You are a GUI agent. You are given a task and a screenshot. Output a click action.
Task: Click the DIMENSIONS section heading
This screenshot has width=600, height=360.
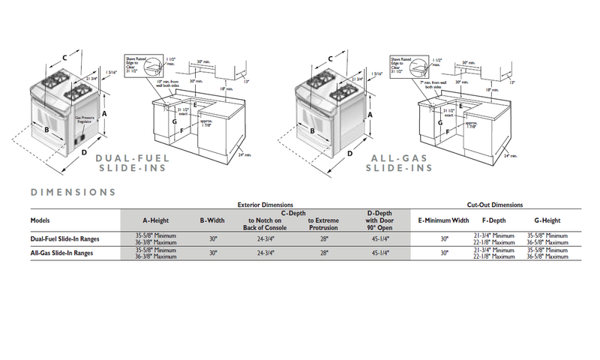73,192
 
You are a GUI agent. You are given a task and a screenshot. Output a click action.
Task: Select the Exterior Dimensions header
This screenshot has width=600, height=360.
265,205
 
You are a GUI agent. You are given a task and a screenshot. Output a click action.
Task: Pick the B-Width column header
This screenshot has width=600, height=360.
212,220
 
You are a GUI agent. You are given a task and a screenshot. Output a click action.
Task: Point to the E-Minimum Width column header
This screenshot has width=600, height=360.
443,220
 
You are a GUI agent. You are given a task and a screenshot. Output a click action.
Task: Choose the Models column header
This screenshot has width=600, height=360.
40,220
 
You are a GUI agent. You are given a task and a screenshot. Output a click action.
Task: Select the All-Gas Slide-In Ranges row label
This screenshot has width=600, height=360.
61,253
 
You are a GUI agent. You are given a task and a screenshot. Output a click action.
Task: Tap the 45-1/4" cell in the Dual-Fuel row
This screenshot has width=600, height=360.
380,238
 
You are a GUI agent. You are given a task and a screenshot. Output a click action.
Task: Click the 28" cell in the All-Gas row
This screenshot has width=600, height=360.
324,253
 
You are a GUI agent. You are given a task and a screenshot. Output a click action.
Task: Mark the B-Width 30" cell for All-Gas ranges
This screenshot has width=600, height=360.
212,253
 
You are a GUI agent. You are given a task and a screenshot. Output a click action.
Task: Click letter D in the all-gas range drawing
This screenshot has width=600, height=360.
351,153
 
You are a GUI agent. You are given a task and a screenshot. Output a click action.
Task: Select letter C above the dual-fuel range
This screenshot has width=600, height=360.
64,57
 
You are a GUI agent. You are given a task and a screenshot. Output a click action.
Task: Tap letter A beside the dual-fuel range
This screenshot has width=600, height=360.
104,112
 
